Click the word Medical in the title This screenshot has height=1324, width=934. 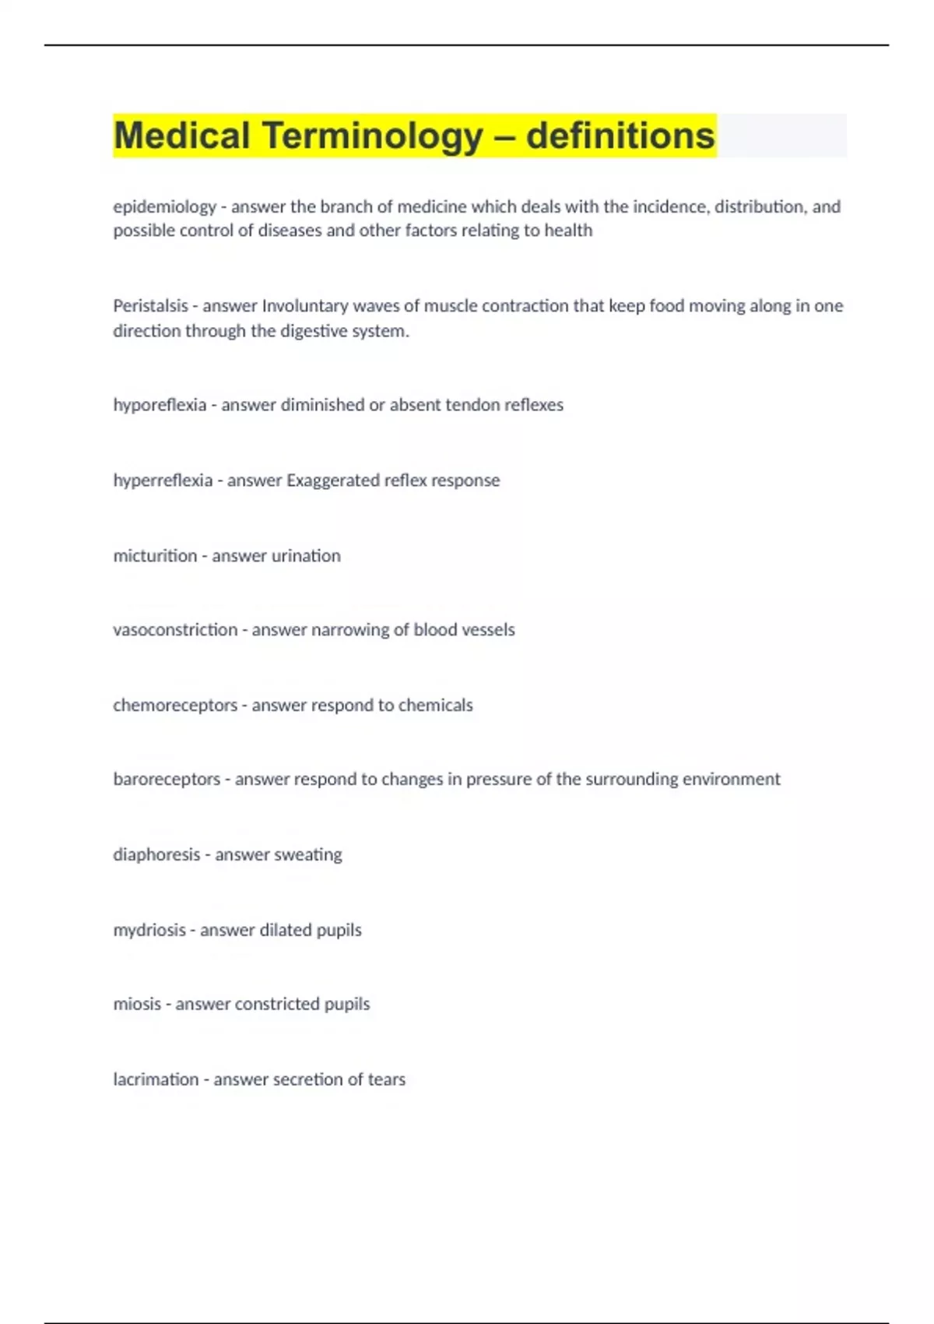[181, 136]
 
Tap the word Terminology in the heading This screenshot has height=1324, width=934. [373, 136]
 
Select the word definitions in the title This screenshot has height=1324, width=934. [620, 136]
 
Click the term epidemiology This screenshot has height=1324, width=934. [164, 207]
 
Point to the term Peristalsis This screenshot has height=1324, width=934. [150, 306]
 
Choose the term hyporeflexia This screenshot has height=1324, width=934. [160, 405]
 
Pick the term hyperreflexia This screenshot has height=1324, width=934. [163, 481]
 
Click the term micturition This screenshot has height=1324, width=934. [155, 556]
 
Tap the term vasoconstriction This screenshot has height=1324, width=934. [175, 630]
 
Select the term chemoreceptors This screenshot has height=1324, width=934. [175, 706]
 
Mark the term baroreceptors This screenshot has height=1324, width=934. [167, 780]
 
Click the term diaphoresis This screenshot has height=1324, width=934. [156, 855]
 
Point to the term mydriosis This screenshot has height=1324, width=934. [149, 930]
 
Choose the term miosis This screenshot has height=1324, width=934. [137, 1004]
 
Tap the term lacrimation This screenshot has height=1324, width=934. [156, 1079]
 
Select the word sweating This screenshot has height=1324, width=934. [306, 855]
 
